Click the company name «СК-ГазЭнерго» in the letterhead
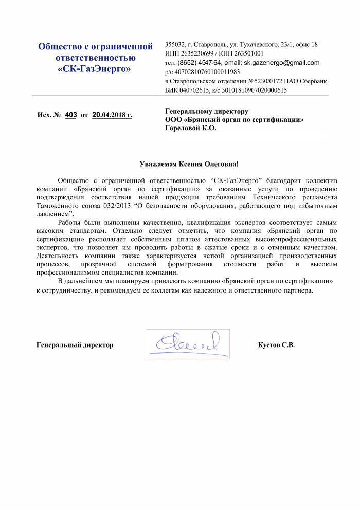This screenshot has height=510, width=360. coord(96,68)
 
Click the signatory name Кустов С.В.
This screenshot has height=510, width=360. coord(276,344)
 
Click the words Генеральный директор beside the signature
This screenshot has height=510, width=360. coord(75,344)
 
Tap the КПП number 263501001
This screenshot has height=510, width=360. coord(248,53)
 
